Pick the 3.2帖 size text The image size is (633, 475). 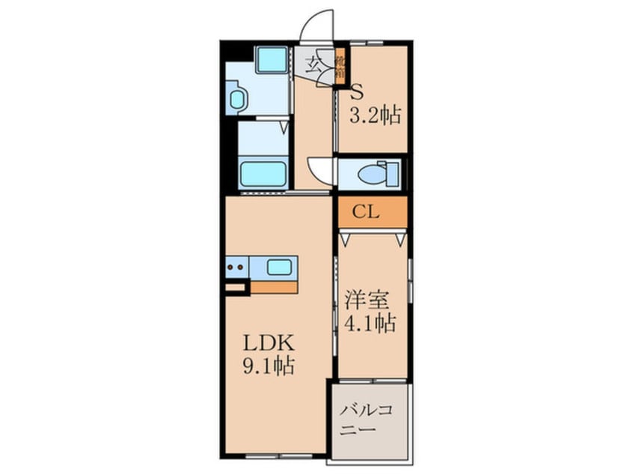point(376,115)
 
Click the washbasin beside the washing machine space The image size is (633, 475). point(236,98)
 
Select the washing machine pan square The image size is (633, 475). point(270,59)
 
